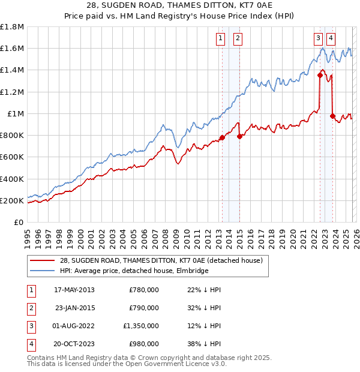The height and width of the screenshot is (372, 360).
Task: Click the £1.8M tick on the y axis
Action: (12, 27)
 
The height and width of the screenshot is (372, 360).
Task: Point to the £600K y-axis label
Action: (12, 157)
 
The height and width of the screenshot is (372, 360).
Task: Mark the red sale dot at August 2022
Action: (320, 75)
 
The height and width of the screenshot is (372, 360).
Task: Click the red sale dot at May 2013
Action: (222, 137)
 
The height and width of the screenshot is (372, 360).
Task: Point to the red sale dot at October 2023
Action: (333, 116)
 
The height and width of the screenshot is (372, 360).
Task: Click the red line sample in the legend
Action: (43, 260)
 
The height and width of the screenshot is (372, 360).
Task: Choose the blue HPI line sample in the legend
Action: (43, 271)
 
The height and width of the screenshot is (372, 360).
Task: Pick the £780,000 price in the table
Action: (144, 290)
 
